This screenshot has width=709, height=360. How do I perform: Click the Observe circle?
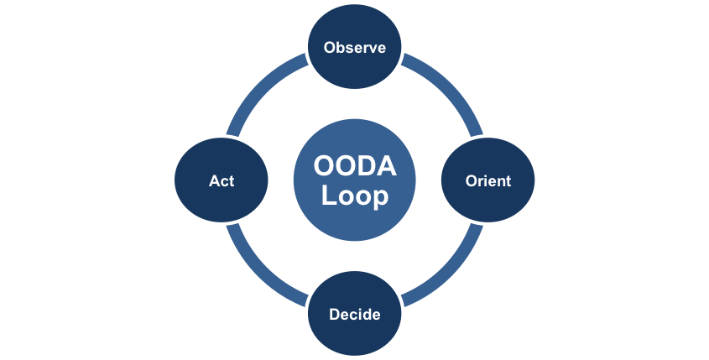354,47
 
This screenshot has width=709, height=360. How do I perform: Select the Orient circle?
488,180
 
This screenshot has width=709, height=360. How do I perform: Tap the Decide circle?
354,315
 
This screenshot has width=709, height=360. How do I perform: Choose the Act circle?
221,180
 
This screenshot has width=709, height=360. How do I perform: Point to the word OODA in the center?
355,167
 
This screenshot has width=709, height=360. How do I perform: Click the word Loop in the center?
355,196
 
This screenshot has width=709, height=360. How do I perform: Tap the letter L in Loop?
328,196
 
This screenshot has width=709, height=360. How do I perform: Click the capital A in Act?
213,181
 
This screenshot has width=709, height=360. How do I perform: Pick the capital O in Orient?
471,181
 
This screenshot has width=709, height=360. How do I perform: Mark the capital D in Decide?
334,316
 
